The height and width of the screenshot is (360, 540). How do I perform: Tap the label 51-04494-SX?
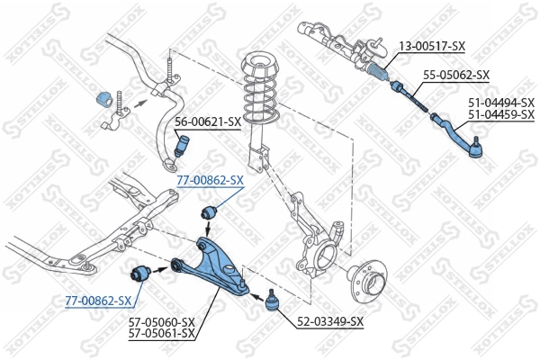point(500,103)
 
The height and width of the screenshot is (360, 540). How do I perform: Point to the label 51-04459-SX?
point(500,114)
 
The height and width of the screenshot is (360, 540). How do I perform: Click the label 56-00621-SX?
point(208,121)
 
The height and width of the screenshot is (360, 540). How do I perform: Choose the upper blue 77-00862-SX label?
point(210,180)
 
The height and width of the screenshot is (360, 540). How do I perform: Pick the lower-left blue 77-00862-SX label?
point(98,300)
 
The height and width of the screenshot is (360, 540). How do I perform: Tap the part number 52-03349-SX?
point(331,321)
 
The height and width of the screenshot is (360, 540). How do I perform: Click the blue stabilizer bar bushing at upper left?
point(101,98)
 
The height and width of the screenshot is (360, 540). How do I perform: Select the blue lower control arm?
point(213,265)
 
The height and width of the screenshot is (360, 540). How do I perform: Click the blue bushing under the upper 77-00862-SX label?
point(210,212)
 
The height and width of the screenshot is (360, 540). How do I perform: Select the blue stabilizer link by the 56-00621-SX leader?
point(183,144)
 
